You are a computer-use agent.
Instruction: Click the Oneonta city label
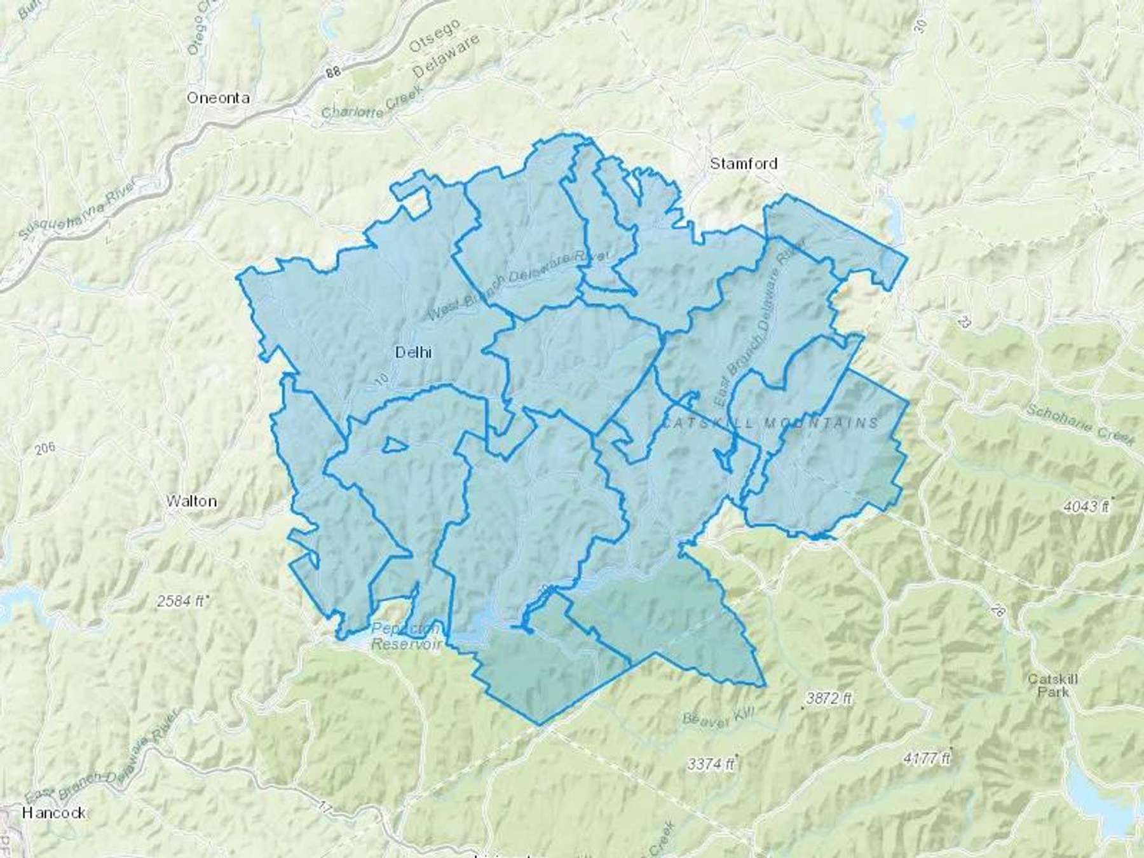[217, 98]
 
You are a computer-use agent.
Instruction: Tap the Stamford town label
[743, 163]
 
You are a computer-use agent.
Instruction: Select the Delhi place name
[413, 351]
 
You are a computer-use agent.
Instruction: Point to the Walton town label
[191, 501]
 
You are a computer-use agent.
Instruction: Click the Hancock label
[53, 812]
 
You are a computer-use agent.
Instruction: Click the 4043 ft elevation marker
[1088, 507]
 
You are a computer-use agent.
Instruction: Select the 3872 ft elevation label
[829, 698]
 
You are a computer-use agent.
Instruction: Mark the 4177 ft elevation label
[927, 758]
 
